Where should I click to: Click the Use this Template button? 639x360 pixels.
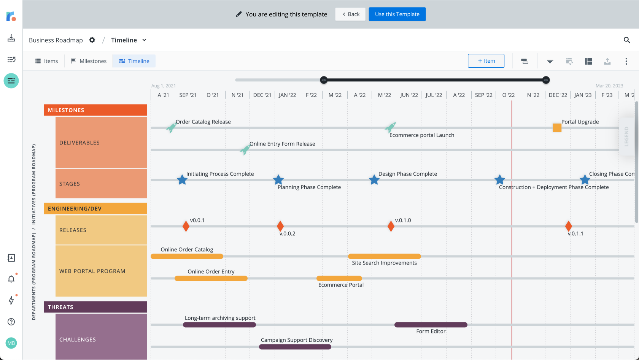click(x=397, y=14)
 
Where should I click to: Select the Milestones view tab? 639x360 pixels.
click(x=89, y=61)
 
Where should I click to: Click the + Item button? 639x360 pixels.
click(x=486, y=61)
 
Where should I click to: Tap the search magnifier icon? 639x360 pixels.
click(x=627, y=40)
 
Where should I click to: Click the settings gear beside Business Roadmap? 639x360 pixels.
click(x=92, y=40)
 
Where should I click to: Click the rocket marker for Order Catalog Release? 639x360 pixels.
click(x=171, y=128)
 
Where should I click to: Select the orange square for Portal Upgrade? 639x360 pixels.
click(x=557, y=128)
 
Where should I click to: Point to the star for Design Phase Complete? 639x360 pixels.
click(x=374, y=180)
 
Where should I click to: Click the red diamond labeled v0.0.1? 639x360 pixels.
click(x=186, y=226)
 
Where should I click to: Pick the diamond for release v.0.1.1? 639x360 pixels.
click(x=569, y=226)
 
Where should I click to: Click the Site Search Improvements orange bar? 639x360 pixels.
click(x=384, y=256)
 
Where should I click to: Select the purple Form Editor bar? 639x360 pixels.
click(x=431, y=325)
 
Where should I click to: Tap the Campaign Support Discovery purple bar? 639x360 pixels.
click(x=295, y=347)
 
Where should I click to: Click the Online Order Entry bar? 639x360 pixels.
click(x=211, y=278)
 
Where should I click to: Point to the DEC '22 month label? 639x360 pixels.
click(x=558, y=95)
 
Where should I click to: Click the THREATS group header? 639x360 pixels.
click(x=95, y=307)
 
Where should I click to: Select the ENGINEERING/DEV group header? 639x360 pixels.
click(x=95, y=208)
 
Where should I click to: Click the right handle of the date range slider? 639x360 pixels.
click(x=546, y=80)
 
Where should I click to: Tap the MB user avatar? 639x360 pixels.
click(x=11, y=343)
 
